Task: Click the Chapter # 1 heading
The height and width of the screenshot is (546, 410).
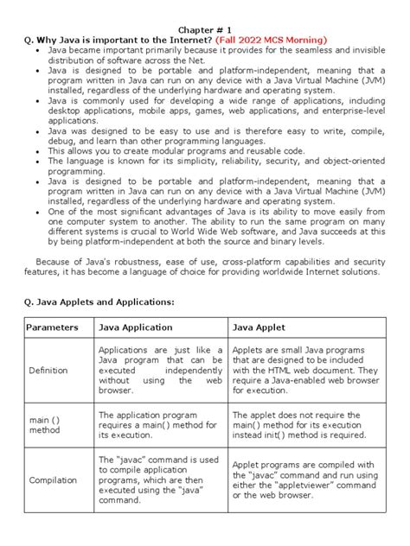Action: click(205, 27)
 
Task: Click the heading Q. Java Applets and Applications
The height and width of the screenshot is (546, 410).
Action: click(99, 301)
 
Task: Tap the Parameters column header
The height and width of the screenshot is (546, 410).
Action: click(52, 328)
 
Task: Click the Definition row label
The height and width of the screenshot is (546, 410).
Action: click(53, 370)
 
